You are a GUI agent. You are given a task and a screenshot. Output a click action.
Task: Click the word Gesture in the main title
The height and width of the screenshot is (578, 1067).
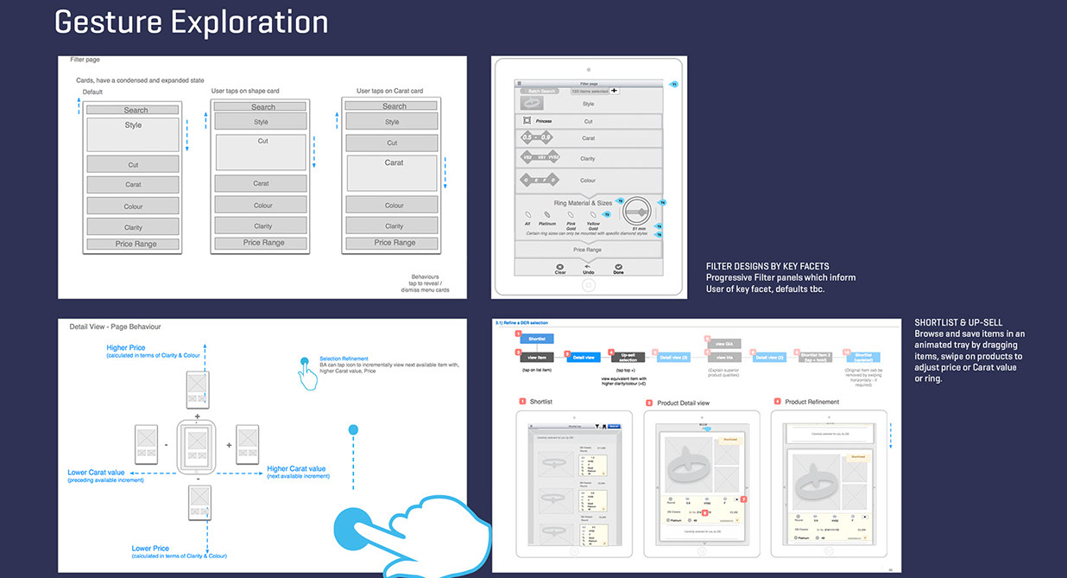[109, 22]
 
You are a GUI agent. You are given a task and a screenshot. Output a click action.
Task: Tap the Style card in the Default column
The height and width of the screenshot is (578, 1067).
[133, 134]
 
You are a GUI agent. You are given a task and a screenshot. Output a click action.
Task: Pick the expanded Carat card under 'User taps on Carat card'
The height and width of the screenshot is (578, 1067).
[394, 173]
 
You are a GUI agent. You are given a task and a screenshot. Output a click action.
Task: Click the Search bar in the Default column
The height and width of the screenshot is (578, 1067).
[133, 110]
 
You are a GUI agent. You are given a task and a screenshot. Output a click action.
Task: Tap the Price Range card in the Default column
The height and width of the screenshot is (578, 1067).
[133, 245]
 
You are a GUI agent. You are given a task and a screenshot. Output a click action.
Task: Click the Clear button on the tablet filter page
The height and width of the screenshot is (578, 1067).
[560, 269]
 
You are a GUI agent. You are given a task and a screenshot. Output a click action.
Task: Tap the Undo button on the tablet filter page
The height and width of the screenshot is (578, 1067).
[588, 269]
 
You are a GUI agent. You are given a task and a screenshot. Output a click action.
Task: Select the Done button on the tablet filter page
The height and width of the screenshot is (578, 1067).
[617, 269]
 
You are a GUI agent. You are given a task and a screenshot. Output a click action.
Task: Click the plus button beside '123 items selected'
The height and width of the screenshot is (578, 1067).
[615, 90]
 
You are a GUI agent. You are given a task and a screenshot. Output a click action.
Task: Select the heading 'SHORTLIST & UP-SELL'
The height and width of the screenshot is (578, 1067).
[958, 322]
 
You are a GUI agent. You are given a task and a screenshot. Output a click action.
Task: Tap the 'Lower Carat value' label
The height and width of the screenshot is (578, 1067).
[96, 473]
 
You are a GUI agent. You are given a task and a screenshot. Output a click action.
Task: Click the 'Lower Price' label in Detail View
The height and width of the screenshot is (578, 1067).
[150, 549]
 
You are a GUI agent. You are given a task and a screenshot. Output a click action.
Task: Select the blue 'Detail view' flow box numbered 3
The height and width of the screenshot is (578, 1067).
[584, 357]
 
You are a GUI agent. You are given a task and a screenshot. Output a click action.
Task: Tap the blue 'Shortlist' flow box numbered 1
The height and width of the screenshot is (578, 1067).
[536, 339]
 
